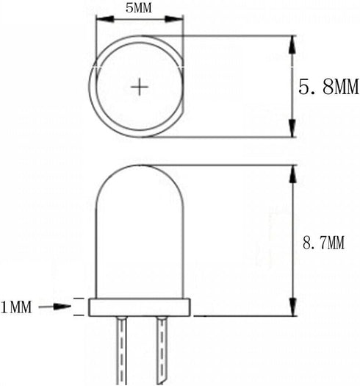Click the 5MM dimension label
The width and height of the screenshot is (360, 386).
(139, 8)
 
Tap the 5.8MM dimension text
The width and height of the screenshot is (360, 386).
(328, 87)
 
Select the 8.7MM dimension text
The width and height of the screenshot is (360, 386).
(323, 243)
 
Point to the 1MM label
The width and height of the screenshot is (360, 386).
(16, 307)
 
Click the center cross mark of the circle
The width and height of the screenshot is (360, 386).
(140, 87)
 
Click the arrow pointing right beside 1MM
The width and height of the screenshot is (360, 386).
(55, 307)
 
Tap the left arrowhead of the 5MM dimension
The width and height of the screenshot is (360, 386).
(105, 19)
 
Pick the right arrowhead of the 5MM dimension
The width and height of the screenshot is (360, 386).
(174, 19)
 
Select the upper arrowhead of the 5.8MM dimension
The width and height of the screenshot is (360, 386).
(292, 45)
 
